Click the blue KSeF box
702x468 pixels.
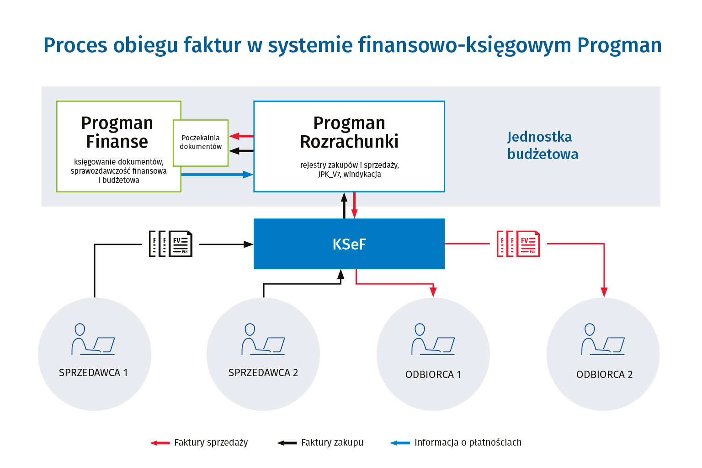pos(349,244)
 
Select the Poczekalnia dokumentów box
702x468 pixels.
pos(201,142)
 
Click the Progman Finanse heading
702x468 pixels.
pos(117,132)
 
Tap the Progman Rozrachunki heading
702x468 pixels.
pos(349,132)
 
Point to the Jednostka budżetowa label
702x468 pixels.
pos(542,145)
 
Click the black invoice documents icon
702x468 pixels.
pos(170,244)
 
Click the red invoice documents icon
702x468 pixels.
pos(518,244)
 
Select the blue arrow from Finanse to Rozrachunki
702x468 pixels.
pos(217,174)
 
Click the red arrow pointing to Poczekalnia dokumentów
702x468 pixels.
pos(241,136)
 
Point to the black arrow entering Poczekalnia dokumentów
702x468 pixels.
pos(241,151)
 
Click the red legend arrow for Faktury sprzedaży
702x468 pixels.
pos(160,443)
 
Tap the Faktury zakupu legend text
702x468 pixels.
pos(332,442)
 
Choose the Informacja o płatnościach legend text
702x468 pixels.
pos(468,442)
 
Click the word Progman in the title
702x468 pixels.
pos(619,45)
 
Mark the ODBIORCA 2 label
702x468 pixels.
pos(604,375)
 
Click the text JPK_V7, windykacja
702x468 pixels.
pos(350,174)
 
